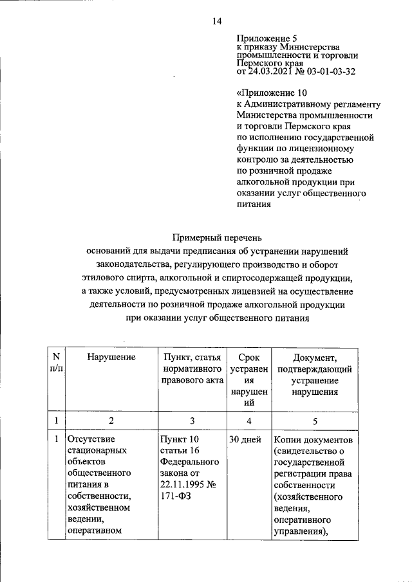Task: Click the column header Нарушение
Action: click(x=111, y=357)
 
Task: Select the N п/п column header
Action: click(x=56, y=363)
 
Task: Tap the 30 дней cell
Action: click(x=245, y=439)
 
